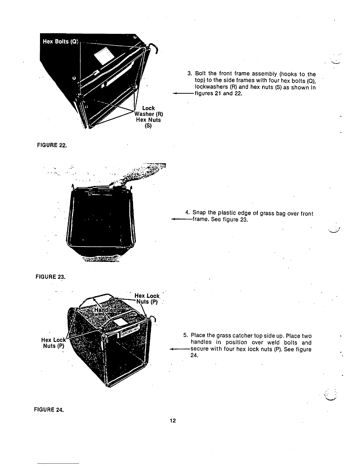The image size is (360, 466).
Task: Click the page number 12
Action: click(x=173, y=421)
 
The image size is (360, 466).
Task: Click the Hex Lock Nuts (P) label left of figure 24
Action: click(x=53, y=343)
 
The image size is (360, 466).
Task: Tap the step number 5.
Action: click(x=185, y=336)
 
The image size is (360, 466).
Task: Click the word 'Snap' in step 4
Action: click(x=199, y=213)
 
